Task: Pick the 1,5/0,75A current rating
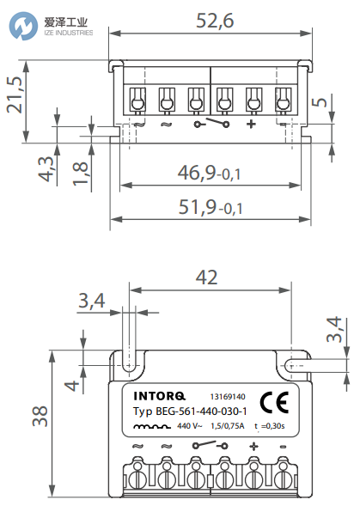coord(228,425)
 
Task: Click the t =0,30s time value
coord(273,425)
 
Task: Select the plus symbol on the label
coord(253,447)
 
